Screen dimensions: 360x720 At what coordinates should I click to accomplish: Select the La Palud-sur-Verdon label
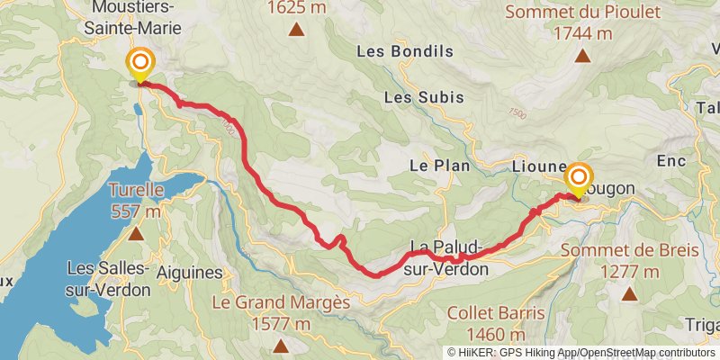(x=449, y=257)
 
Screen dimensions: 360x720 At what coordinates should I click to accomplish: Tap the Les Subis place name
(x=424, y=96)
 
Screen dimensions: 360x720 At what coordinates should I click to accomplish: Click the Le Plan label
(x=428, y=166)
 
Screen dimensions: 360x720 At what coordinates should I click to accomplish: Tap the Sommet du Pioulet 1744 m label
(x=582, y=22)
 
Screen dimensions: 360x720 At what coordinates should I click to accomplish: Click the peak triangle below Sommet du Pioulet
(x=582, y=57)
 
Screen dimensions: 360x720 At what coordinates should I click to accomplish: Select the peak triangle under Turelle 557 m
(x=135, y=235)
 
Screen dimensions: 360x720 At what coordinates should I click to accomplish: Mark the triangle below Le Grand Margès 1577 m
(x=281, y=346)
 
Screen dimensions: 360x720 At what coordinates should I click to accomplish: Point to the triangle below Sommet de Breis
(x=628, y=293)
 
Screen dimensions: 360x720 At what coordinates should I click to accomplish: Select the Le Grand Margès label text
(x=281, y=303)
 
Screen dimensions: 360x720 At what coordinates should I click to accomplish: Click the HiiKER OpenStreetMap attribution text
(x=581, y=353)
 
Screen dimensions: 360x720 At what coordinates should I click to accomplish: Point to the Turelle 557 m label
(x=135, y=201)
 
